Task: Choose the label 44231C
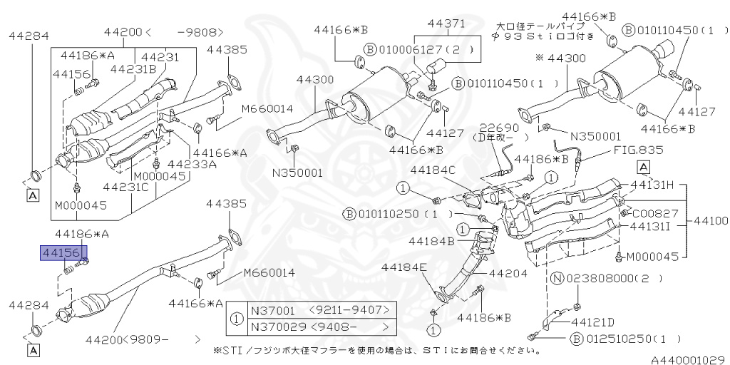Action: tap(125, 187)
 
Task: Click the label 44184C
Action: tap(433, 170)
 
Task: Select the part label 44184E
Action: tap(403, 268)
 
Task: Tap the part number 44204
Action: tap(508, 272)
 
